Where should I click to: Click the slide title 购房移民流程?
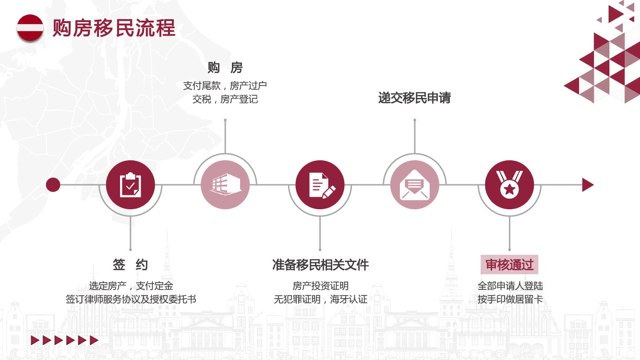[114, 28]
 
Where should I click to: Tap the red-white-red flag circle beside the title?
[30, 28]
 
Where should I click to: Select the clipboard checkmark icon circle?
[130, 185]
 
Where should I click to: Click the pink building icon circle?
[225, 185]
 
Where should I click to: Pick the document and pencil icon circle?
[320, 185]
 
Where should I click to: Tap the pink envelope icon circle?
[415, 185]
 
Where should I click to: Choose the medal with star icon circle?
[509, 185]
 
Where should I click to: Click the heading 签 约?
[130, 264]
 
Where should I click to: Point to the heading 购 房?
[225, 68]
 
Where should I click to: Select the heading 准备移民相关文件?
[320, 264]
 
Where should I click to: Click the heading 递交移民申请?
[414, 98]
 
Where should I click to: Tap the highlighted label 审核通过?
[509, 264]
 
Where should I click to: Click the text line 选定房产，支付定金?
[131, 286]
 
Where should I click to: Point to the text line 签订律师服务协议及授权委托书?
[131, 299]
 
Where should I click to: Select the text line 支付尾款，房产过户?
[225, 85]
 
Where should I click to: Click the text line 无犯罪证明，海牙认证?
[320, 299]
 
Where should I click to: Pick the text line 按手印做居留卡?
[510, 299]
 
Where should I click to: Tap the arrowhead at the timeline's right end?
[588, 185]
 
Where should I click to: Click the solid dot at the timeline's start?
[53, 185]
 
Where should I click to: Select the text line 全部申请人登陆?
[510, 286]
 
